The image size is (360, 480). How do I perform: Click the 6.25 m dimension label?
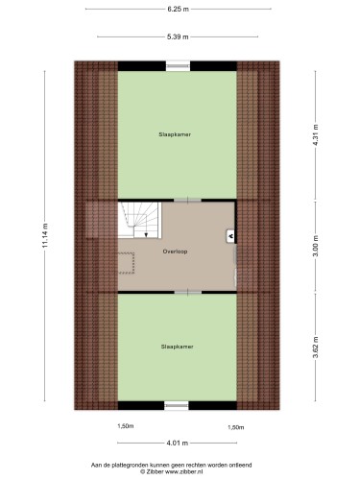(x=178, y=9)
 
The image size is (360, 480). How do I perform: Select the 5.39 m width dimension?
(x=178, y=36)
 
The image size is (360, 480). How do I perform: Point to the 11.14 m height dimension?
(x=45, y=235)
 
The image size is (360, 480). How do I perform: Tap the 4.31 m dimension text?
(x=316, y=135)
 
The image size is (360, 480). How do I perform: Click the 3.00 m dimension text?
(x=316, y=246)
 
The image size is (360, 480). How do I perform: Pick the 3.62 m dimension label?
(x=316, y=348)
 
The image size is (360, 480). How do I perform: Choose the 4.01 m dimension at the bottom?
(x=177, y=444)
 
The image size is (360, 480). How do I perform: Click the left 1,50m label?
(x=126, y=426)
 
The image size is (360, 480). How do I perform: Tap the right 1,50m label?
(x=236, y=427)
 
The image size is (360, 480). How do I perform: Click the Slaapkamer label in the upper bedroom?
(x=175, y=134)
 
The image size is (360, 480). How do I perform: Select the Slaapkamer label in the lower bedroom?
(x=178, y=347)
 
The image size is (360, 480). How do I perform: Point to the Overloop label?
(x=175, y=252)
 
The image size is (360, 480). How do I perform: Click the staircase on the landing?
(x=139, y=220)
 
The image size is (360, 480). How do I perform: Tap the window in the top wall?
(x=178, y=66)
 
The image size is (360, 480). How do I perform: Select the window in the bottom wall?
(x=177, y=405)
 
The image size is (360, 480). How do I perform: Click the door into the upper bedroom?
(x=187, y=201)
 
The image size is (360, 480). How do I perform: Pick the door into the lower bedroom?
(x=188, y=292)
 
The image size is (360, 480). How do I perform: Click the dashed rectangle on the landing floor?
(x=126, y=263)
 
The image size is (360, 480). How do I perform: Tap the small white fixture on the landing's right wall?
(x=230, y=237)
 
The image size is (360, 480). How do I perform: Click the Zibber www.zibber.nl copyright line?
(x=172, y=471)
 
